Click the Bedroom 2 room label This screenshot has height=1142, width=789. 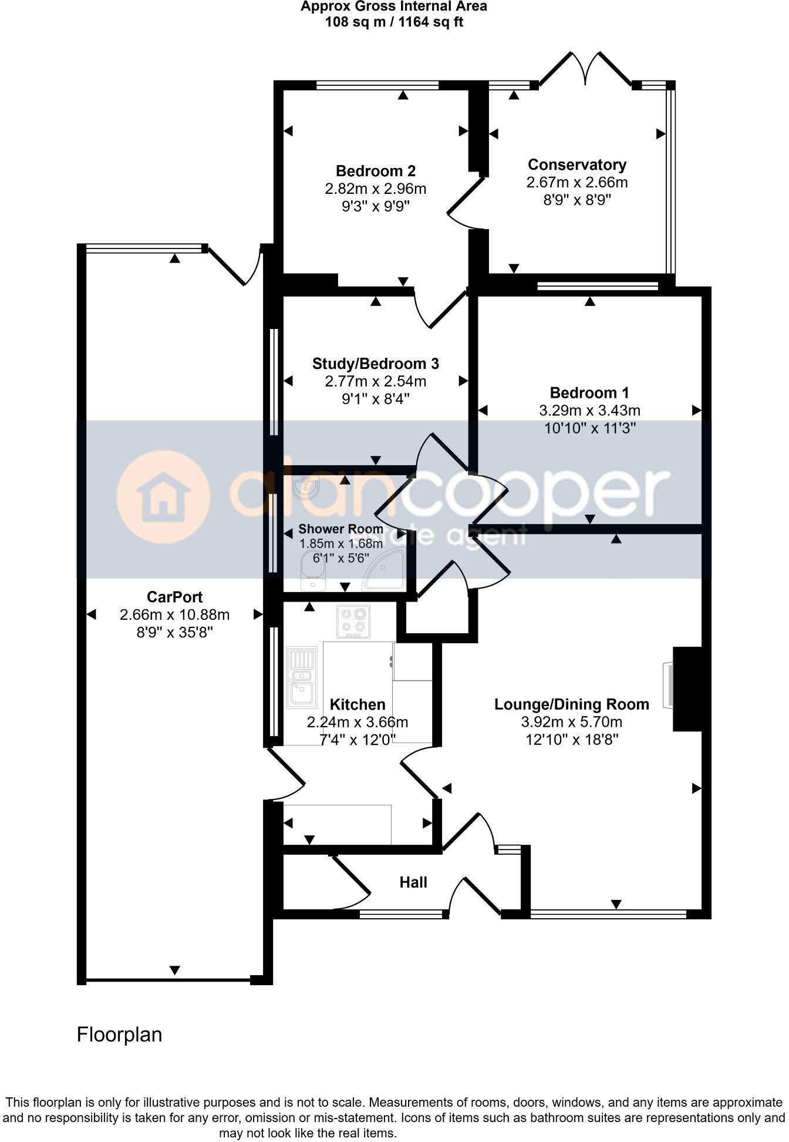click(x=376, y=171)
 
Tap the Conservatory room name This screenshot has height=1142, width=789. click(x=576, y=164)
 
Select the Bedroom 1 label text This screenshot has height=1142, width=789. click(x=589, y=392)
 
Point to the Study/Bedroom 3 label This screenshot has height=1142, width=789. click(x=376, y=364)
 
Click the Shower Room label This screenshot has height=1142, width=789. click(x=340, y=529)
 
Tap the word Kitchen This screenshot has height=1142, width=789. click(x=358, y=704)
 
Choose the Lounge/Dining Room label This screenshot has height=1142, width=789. click(x=572, y=704)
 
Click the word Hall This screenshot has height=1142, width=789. click(x=413, y=882)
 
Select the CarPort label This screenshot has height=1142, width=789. click(x=174, y=597)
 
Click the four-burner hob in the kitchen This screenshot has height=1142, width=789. click(x=353, y=622)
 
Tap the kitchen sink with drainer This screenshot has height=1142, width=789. click(x=302, y=677)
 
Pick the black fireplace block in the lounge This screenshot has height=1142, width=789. click(x=687, y=688)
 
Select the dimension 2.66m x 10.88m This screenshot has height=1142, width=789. click(x=174, y=615)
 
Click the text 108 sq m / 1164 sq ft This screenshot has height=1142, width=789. click(x=394, y=22)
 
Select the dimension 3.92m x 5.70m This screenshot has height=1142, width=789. click(x=572, y=722)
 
